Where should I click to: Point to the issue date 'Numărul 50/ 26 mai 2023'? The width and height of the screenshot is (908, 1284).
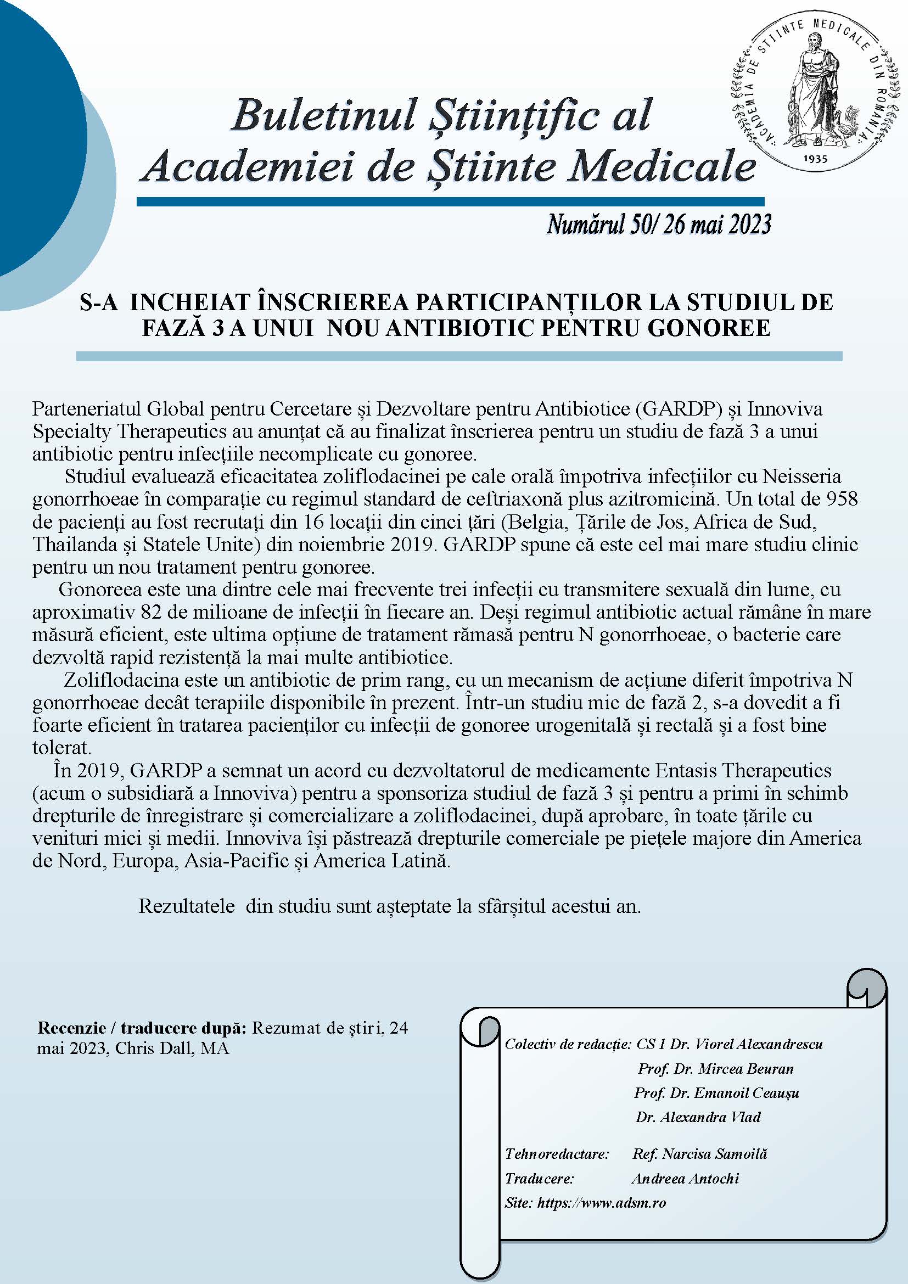659,225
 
